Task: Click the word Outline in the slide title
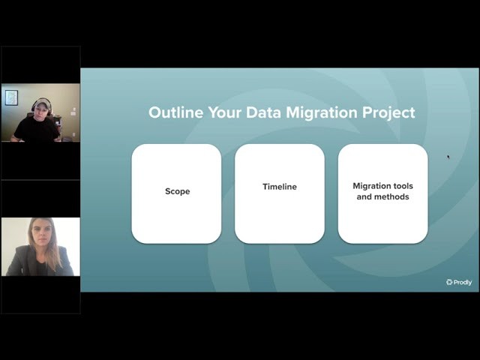point(175,112)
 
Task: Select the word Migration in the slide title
point(322,112)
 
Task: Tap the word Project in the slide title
point(388,113)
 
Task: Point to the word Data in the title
point(263,112)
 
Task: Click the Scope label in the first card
point(178,191)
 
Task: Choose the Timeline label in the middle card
point(280,187)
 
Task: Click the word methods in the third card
point(392,196)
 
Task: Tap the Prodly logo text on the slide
point(463,282)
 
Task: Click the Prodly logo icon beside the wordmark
point(449,282)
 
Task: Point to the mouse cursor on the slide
point(448,157)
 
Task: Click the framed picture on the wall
point(11,97)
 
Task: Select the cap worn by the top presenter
point(41,103)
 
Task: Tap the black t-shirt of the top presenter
point(36,128)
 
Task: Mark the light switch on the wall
point(73,112)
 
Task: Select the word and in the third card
point(364,196)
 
